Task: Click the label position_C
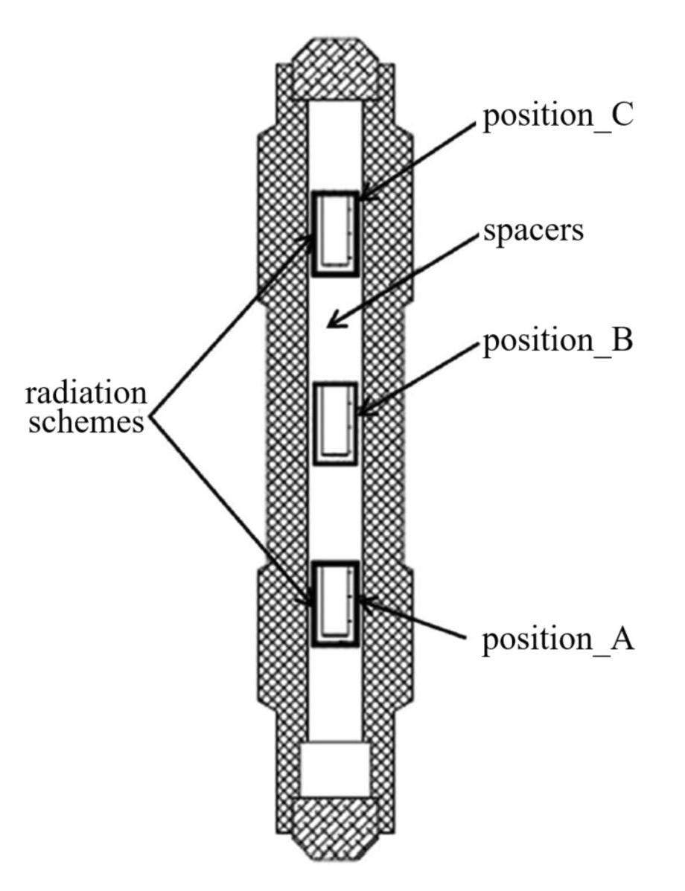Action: pyautogui.click(x=558, y=118)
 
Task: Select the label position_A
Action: pyautogui.click(x=558, y=640)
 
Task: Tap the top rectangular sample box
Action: pyautogui.click(x=334, y=233)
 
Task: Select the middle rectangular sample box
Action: pyautogui.click(x=334, y=423)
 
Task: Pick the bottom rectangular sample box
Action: pyautogui.click(x=334, y=603)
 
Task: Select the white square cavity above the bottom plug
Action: pyautogui.click(x=334, y=768)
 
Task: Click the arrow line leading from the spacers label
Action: pyautogui.click(x=406, y=278)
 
